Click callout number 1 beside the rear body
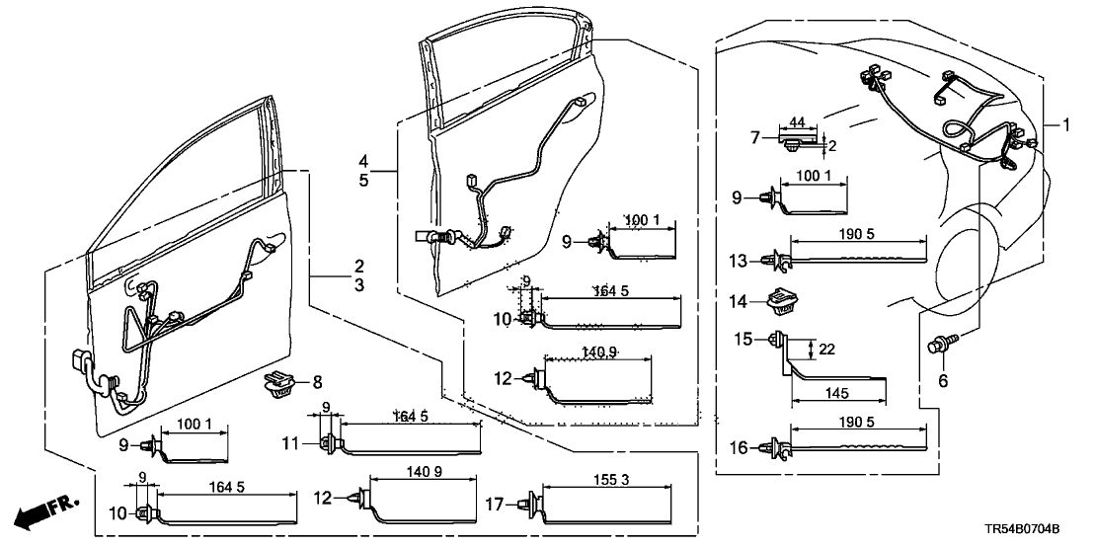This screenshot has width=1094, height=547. tap(1065, 124)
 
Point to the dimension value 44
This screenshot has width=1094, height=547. tap(799, 122)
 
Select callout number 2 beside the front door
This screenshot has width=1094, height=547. tap(359, 266)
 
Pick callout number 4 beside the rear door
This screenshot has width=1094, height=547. tap(363, 160)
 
